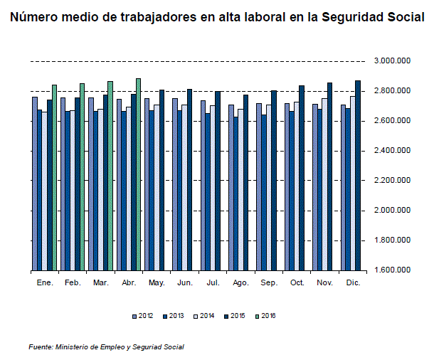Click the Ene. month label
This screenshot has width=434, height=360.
click(44, 283)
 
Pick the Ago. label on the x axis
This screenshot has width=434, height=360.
click(240, 283)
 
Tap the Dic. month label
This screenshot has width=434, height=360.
click(352, 283)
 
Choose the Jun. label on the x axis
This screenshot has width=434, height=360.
click(184, 283)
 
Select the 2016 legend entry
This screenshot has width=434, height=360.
click(265, 316)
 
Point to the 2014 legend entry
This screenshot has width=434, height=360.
click(203, 316)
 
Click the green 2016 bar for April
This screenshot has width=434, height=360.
click(138, 174)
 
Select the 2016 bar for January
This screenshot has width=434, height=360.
click(54, 178)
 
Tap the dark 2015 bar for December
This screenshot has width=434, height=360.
click(358, 176)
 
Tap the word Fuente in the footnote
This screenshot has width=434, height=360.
click(40, 347)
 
